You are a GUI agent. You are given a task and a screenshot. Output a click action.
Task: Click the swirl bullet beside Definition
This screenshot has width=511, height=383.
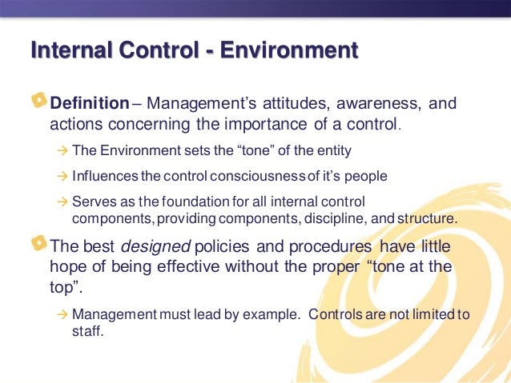38,103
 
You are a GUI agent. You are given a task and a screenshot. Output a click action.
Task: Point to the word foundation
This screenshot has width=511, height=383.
188,201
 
